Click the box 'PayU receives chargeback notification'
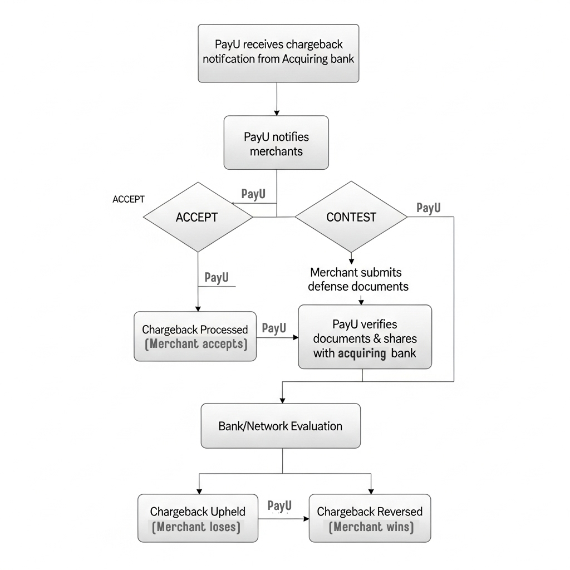tap(278, 53)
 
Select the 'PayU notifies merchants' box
tap(276, 142)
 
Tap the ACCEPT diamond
tap(198, 217)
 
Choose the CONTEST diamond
tap(351, 217)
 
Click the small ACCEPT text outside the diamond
tap(129, 199)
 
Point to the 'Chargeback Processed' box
tap(195, 336)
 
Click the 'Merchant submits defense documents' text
tap(358, 279)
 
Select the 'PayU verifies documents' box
tap(365, 337)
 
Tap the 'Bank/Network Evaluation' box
tap(281, 426)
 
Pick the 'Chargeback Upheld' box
tap(198, 518)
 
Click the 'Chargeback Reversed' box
tap(370, 518)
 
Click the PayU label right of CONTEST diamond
tap(429, 208)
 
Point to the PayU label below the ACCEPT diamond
tap(217, 277)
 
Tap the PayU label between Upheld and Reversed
tap(279, 505)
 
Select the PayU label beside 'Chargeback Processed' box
tap(274, 328)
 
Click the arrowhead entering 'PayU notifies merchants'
tap(277, 113)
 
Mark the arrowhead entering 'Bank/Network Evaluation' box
tap(282, 400)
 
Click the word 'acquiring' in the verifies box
tap(362, 353)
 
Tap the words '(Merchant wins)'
tap(371, 527)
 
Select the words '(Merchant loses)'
tap(196, 527)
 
